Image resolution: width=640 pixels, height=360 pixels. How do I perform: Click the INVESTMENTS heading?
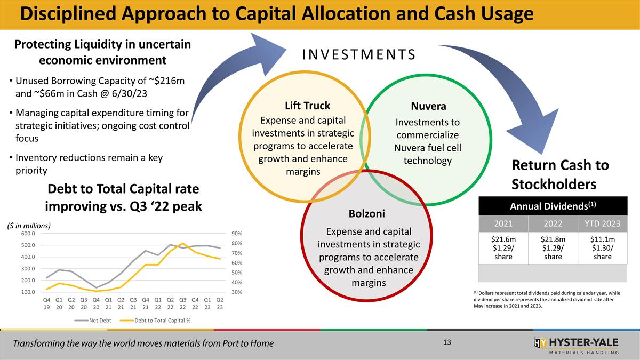pyautogui.click(x=358, y=55)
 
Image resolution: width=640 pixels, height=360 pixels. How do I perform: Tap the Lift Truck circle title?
pyautogui.click(x=307, y=106)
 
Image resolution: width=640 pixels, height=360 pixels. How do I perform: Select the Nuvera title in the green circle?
pyautogui.click(x=428, y=106)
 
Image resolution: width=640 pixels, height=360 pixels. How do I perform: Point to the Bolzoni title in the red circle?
pyautogui.click(x=367, y=213)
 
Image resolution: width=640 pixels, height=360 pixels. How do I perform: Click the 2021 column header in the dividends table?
pyautogui.click(x=503, y=223)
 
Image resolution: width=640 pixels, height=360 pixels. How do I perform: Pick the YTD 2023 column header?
pyautogui.click(x=602, y=223)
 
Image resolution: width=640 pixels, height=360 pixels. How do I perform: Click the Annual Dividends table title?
pyautogui.click(x=553, y=206)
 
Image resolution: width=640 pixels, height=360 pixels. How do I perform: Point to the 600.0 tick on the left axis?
pyautogui.click(x=28, y=233)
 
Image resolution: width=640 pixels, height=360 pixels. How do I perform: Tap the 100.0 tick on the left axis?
pyautogui.click(x=28, y=292)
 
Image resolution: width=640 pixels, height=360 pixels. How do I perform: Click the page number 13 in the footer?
pyautogui.click(x=447, y=342)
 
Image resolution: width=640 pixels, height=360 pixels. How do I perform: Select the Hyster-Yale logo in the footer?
pyautogui.click(x=576, y=345)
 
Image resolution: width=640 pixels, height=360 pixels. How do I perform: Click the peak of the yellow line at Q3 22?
pyautogui.click(x=182, y=243)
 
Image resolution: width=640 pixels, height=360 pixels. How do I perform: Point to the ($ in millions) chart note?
pyautogui.click(x=29, y=226)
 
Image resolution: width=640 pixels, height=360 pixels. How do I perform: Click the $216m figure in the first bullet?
pyautogui.click(x=168, y=81)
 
